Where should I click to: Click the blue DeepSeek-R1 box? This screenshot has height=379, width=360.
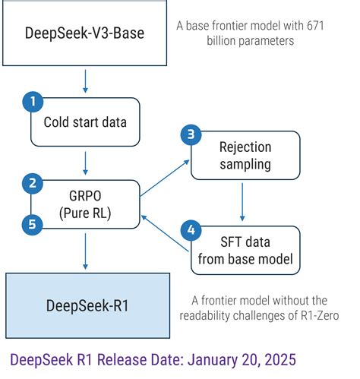pyautogui.click(x=84, y=304)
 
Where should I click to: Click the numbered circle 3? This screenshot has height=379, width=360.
pyautogui.click(x=191, y=134)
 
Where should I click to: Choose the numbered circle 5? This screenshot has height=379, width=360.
pyautogui.click(x=31, y=225)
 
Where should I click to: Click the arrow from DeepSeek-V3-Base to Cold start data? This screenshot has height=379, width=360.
pyautogui.click(x=85, y=79)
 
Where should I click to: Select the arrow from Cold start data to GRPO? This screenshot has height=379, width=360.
pyautogui.click(x=85, y=163)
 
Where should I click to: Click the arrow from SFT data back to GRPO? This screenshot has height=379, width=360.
pyautogui.click(x=165, y=232)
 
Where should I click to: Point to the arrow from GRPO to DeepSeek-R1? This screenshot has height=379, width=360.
pyautogui.click(x=85, y=251)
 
